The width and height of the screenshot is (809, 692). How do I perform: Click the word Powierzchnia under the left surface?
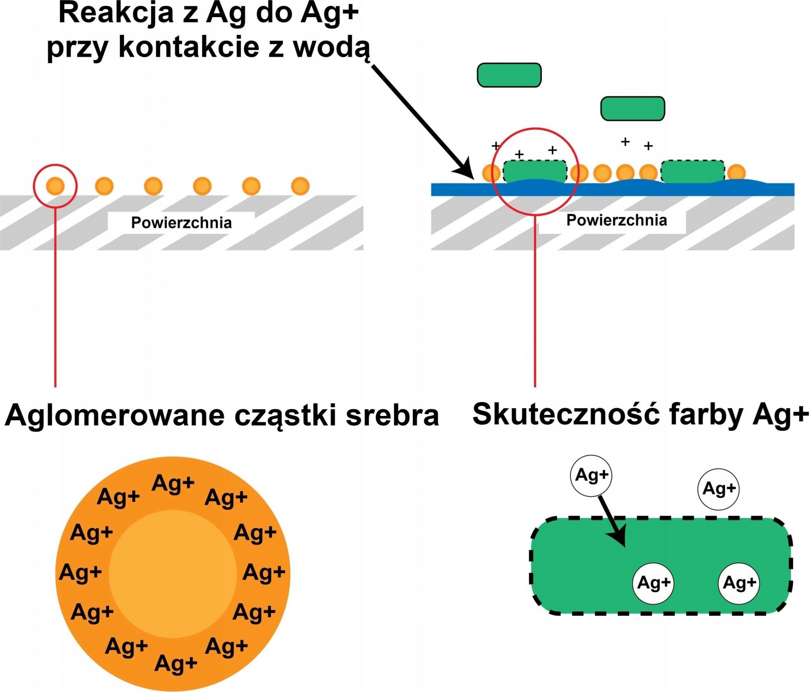point(181,223)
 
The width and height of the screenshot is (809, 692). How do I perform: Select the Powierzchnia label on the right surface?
point(616,220)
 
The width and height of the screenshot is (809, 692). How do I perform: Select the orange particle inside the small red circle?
point(55,186)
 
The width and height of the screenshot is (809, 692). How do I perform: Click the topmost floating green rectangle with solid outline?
point(509,75)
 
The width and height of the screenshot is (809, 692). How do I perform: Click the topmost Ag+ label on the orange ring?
point(173,483)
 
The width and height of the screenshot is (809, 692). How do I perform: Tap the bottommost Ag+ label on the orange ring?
point(176,663)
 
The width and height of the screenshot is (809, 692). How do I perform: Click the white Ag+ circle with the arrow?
point(591,475)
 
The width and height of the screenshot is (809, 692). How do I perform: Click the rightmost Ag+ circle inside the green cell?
point(739,583)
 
